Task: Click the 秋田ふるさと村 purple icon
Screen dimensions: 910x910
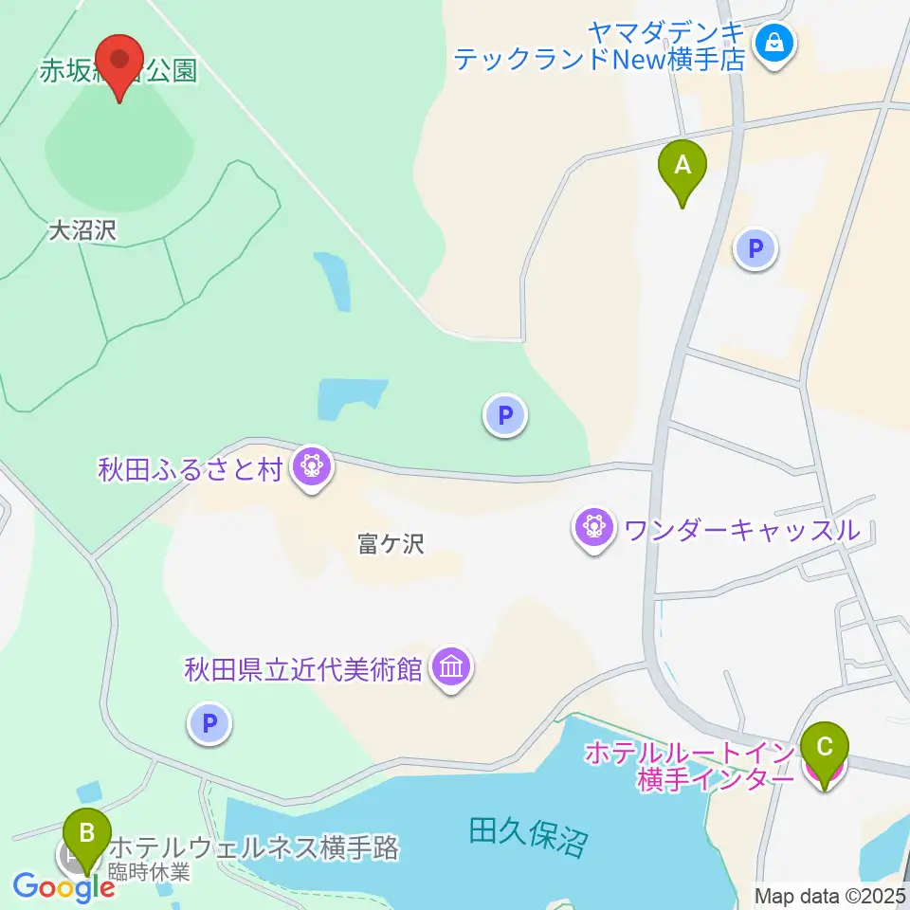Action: click(x=310, y=466)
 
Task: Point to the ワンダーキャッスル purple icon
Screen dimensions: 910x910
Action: click(x=594, y=527)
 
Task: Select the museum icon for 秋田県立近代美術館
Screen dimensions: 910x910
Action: click(x=450, y=668)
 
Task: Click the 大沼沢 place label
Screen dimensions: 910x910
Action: click(x=82, y=231)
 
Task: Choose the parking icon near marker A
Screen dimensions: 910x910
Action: click(x=755, y=249)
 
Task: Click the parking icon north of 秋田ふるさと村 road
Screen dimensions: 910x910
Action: click(x=505, y=414)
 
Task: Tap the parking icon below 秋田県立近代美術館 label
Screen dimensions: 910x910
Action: click(x=209, y=724)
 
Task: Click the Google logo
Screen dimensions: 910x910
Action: click(x=64, y=888)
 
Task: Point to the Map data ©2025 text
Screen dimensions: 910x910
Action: click(x=829, y=895)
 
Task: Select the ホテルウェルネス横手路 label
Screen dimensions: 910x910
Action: click(x=254, y=847)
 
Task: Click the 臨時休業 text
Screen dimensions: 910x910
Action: click(x=150, y=872)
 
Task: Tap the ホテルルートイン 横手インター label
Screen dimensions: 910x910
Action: click(x=688, y=766)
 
